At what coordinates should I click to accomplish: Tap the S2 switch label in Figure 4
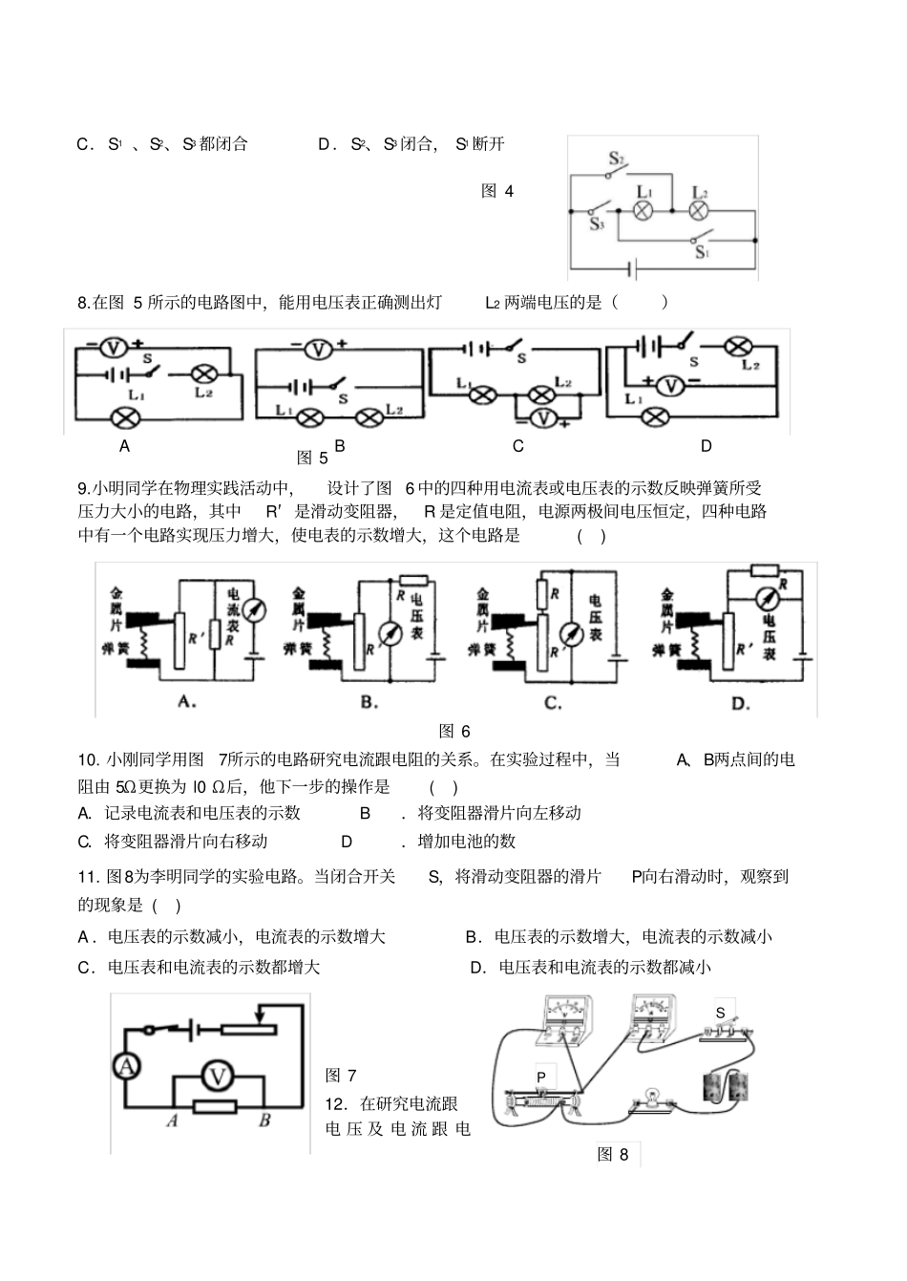click(616, 159)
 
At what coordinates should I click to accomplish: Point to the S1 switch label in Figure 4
click(702, 253)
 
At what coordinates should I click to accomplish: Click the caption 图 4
click(497, 191)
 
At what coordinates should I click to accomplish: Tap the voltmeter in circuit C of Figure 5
click(542, 417)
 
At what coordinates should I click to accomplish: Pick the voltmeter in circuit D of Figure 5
click(671, 386)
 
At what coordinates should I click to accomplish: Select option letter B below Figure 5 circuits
click(339, 446)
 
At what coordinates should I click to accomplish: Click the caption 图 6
click(454, 732)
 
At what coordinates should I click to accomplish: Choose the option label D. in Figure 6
click(740, 704)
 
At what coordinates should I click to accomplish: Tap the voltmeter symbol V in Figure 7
click(218, 1077)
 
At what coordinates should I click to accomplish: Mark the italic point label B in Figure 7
click(264, 1121)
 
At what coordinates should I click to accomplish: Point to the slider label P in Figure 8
click(541, 1077)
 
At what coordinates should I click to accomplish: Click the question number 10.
click(89, 760)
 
